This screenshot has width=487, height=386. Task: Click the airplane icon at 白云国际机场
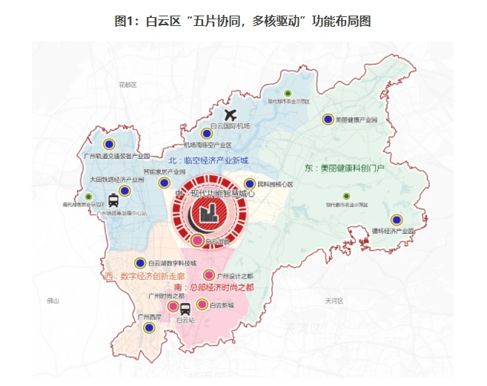[230, 116]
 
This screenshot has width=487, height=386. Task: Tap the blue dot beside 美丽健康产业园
[328, 119]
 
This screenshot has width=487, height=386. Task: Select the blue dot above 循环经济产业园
[397, 220]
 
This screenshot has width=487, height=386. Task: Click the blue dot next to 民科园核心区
[250, 183]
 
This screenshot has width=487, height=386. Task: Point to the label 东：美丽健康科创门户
[345, 169]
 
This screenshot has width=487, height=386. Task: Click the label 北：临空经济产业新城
[208, 160]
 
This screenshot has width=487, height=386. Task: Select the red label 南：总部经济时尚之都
[213, 287]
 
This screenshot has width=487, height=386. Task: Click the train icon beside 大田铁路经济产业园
[113, 200]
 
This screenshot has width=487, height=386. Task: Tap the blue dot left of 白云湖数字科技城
[140, 263]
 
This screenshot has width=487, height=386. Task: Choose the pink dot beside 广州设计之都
[209, 274]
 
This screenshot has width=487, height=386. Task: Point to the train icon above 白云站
[185, 308]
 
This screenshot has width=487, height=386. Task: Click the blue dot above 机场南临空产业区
[206, 134]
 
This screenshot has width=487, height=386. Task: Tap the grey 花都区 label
[127, 85]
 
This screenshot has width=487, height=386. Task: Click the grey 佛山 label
[52, 301]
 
